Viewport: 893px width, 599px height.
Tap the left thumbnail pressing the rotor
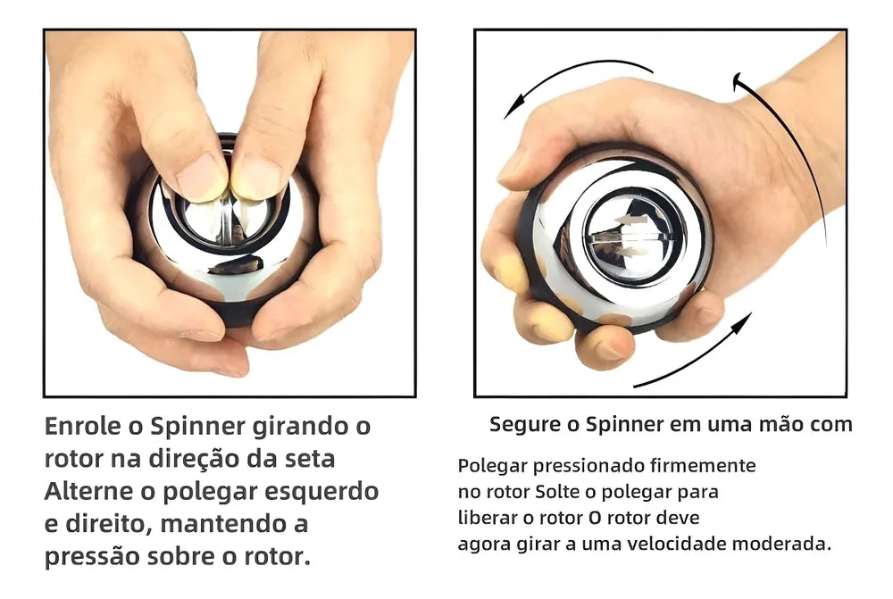(200, 177)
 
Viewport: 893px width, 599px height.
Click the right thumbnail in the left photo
(257, 178)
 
